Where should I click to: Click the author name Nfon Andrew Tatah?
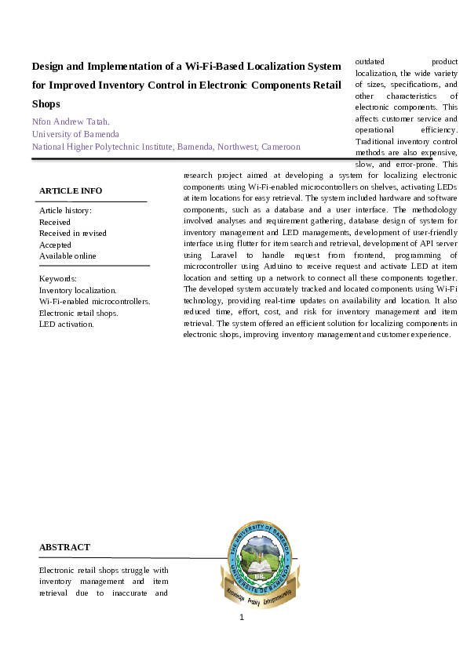coord(71,121)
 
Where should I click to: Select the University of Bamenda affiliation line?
coord(75,134)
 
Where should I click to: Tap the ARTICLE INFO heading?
coord(71,190)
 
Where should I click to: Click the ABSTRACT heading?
coord(64,547)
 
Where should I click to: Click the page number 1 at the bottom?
coord(242,618)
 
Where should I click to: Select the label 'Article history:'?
coord(65,211)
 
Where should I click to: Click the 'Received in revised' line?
coord(73,233)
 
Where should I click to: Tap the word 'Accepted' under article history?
coord(56,245)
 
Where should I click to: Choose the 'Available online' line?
coord(67,256)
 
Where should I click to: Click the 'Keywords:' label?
coord(58,278)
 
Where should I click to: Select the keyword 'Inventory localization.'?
coord(78,290)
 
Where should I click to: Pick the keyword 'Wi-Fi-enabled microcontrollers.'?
coord(94,301)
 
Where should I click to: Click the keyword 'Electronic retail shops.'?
coord(78,313)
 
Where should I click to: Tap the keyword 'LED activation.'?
coord(66,324)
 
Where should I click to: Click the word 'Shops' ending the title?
coord(46,103)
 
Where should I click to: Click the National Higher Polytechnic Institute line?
coord(166,147)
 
